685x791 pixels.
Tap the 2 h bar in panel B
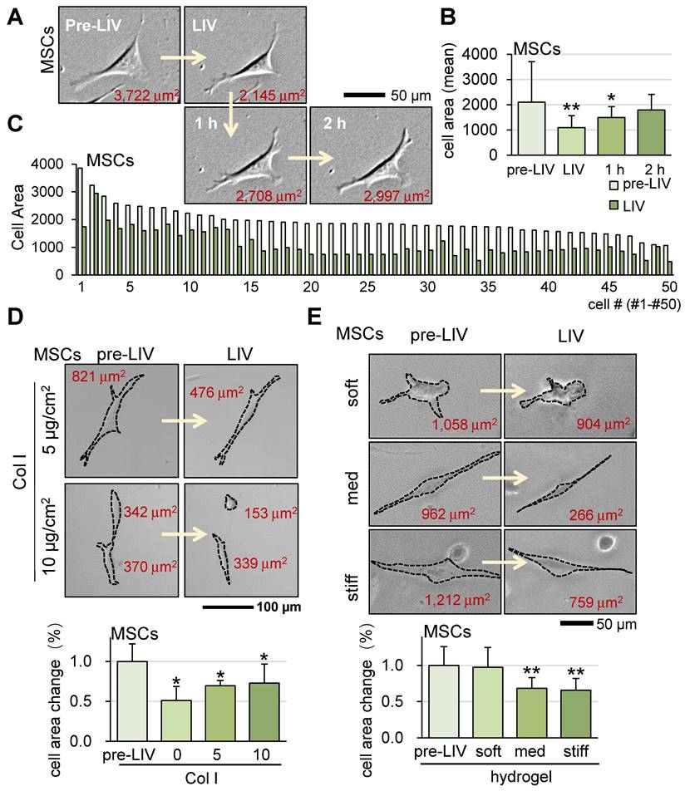(x=641, y=132)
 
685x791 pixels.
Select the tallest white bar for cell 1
(x=80, y=220)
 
